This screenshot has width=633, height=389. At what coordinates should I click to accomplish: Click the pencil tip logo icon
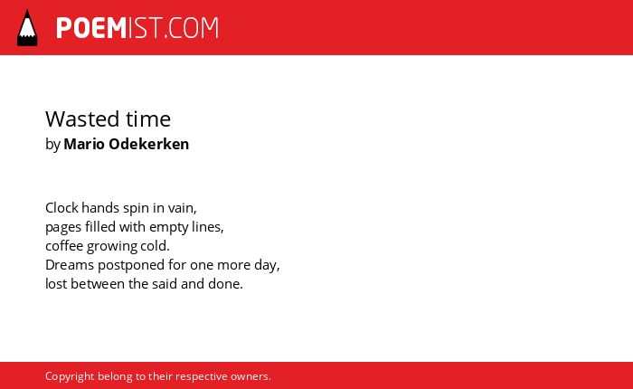[x=27, y=28]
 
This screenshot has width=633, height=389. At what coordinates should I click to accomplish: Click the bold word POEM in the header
[x=91, y=28]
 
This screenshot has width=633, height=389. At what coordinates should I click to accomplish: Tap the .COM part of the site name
[x=192, y=28]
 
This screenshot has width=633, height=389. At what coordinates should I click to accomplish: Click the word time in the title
[x=148, y=119]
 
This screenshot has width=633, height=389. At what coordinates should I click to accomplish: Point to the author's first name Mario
[x=84, y=144]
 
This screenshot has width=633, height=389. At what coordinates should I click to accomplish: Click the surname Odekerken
[x=149, y=144]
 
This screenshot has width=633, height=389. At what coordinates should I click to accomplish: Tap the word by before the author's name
[x=52, y=145]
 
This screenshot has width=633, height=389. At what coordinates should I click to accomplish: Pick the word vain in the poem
[x=181, y=208]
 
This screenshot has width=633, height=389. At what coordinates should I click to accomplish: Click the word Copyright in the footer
[x=70, y=376]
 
